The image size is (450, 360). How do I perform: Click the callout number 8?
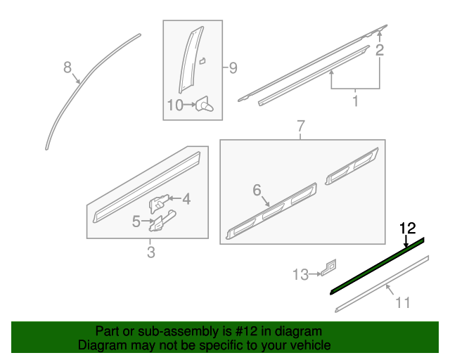(67, 67)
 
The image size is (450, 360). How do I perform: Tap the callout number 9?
(233, 68)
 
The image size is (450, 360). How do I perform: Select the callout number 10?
(175, 105)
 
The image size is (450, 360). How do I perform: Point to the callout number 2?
(380, 50)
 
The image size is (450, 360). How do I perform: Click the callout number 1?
(355, 101)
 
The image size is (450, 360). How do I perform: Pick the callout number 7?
(300, 126)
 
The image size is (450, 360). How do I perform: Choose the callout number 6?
(257, 190)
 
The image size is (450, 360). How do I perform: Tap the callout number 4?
(186, 199)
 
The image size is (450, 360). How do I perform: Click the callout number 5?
(136, 221)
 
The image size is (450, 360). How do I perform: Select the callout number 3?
(151, 252)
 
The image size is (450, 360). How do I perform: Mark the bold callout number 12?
(408, 229)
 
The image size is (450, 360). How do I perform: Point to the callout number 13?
(300, 274)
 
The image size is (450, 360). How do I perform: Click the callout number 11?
(403, 302)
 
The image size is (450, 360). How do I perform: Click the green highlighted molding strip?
(377, 266)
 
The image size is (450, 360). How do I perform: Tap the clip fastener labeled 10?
(205, 105)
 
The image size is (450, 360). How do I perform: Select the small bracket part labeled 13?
(329, 267)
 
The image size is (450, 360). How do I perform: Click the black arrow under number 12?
(406, 241)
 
